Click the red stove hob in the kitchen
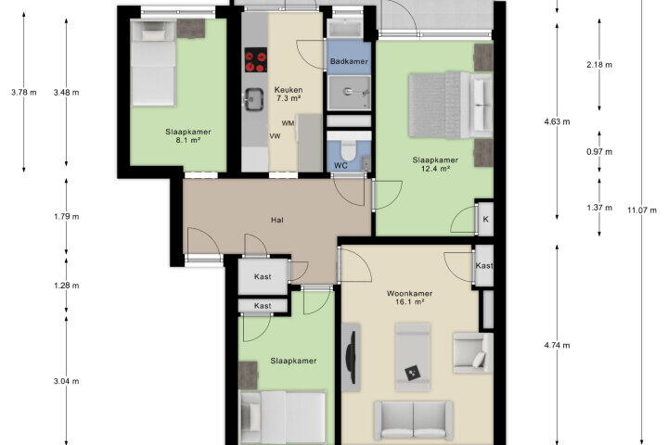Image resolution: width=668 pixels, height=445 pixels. (256, 60)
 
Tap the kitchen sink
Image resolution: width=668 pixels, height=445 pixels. (253, 100)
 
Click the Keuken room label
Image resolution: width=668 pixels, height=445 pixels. (289, 90)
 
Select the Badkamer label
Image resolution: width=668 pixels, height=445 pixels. (349, 61)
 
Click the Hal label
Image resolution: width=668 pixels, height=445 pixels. (277, 220)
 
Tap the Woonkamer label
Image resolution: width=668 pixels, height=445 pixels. (409, 293)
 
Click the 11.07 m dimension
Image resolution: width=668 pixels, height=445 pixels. (642, 210)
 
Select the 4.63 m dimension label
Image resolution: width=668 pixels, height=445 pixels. (557, 121)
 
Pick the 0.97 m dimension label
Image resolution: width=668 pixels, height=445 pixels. (599, 152)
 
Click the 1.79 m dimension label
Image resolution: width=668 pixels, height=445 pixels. (67, 216)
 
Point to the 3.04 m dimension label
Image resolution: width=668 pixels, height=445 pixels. (67, 381)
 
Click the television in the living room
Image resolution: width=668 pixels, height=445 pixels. (352, 357)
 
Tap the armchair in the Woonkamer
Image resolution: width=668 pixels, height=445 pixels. (472, 353)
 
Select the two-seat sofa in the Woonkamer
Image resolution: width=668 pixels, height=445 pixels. (413, 420)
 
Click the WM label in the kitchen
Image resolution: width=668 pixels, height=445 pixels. (288, 123)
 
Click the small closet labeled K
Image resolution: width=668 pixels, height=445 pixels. (485, 219)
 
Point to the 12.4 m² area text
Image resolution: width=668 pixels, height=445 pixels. (435, 169)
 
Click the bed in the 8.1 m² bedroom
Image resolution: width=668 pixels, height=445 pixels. (153, 63)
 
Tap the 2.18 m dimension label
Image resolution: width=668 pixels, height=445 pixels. (599, 65)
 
